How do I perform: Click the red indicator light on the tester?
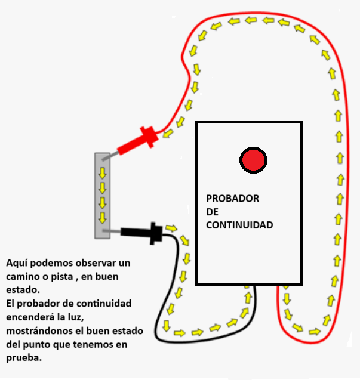pos(253,160)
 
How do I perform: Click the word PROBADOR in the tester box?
pos(232,199)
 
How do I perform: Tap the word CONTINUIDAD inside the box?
pos(239,225)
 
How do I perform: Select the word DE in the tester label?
pos(213,212)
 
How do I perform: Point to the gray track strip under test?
pos(102,194)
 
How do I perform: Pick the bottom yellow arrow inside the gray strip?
pos(102,217)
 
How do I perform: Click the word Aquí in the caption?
pos(17,263)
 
